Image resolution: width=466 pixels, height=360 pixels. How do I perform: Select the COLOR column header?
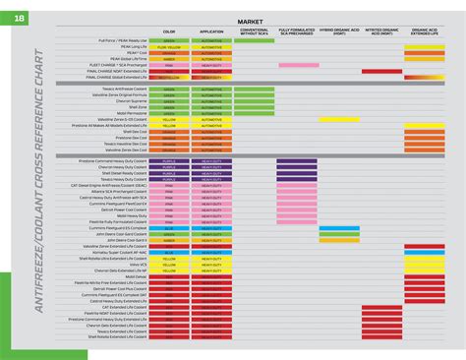[169, 31]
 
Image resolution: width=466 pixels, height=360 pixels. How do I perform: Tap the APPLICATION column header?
[211, 31]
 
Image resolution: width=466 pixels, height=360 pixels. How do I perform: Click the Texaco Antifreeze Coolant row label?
[125, 90]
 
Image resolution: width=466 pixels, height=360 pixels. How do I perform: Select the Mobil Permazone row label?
[131, 113]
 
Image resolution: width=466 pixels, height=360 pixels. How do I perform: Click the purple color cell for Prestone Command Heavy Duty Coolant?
[169, 161]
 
